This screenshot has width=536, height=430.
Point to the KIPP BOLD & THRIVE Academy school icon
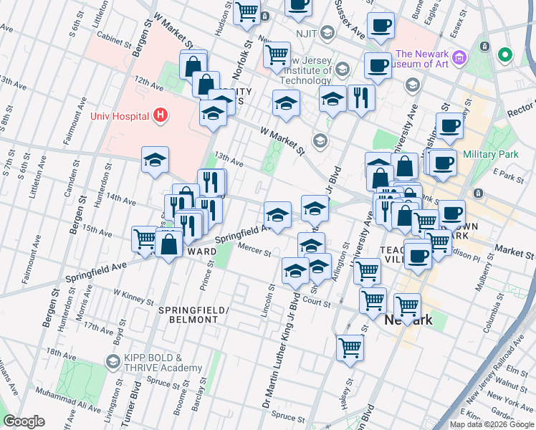pos(113,360)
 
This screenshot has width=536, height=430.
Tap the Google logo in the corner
pos(24,421)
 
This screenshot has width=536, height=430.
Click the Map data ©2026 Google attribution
pos(492,424)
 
